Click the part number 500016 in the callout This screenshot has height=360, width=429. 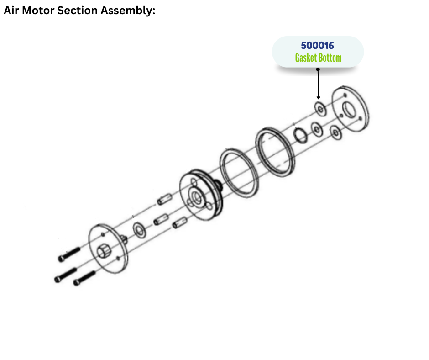tap(318, 46)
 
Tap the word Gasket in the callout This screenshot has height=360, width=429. tap(306, 58)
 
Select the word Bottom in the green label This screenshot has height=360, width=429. tap(330, 58)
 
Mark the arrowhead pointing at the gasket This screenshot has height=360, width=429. tap(318, 96)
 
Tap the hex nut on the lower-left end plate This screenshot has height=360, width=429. tap(103, 251)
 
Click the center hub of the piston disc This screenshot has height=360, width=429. tap(197, 197)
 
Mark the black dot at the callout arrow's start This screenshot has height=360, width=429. tap(318, 69)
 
